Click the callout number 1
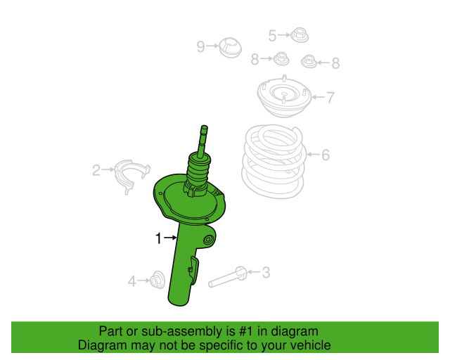point(158,238)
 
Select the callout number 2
point(96,170)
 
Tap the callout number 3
point(266,272)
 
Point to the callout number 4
point(131,281)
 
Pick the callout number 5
point(272,36)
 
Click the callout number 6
point(326,155)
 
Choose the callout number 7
point(330,97)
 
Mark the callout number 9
point(200,46)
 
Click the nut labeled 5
point(300,35)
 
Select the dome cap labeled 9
point(230,48)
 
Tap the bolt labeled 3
point(228,277)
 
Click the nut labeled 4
point(157,280)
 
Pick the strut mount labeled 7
point(284,96)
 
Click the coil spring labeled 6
point(274,161)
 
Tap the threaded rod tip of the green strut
point(204,128)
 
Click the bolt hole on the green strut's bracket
point(208,240)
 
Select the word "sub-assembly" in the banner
point(182,331)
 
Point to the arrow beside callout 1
point(170,238)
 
